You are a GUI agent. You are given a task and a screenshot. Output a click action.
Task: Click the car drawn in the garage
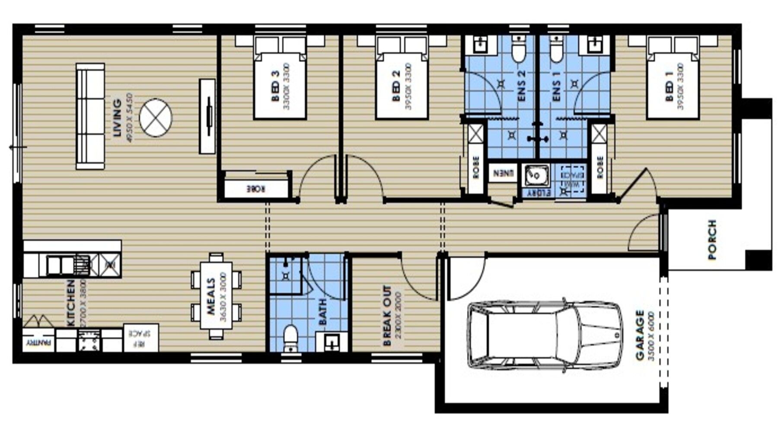pos(545,336)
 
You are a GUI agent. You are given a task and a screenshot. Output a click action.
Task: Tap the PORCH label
pos(712,240)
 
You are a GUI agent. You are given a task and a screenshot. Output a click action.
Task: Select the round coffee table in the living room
pos(156,117)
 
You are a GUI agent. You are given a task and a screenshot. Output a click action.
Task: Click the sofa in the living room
pos(90,116)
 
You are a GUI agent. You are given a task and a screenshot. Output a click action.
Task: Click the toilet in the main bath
pos(290,339)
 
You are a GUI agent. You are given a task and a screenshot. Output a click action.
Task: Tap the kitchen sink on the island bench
pos(61,265)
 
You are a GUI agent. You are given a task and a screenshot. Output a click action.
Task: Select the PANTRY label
pos(38,343)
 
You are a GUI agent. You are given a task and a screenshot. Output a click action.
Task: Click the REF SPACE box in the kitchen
pos(141,338)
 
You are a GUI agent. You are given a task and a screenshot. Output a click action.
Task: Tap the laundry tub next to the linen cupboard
pos(536,175)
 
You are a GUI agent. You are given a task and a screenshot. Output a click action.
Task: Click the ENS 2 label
pos(522,86)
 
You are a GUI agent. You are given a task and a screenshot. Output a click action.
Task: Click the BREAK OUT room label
pos(387,316)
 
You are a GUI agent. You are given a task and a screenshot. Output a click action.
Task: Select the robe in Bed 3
pos(256,189)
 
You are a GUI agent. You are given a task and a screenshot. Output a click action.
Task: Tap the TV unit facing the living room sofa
pos(207,116)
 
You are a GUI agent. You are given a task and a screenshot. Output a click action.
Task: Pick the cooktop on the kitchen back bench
pos(89,340)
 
